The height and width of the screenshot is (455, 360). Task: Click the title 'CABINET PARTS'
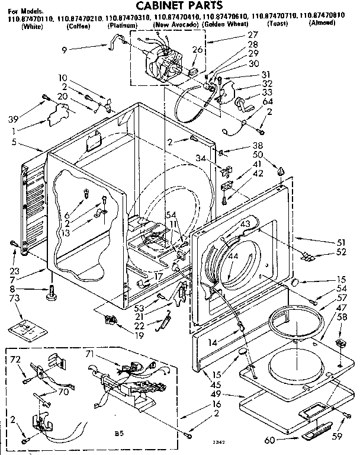click(x=181, y=5)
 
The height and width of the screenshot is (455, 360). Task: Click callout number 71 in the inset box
click(x=91, y=354)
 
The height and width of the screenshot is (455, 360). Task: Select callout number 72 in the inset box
click(x=15, y=360)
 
